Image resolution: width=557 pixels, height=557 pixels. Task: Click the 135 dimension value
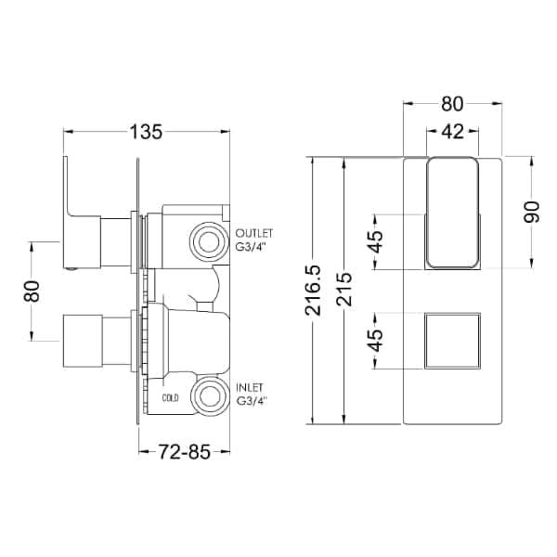(146, 132)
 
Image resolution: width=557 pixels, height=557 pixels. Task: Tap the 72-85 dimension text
(184, 452)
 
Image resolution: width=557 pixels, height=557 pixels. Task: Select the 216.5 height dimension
(313, 291)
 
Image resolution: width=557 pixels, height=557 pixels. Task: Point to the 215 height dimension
(344, 289)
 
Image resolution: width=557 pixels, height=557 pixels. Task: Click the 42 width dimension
(452, 132)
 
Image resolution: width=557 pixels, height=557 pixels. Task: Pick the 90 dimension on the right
(531, 212)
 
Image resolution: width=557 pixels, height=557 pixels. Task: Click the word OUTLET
(254, 233)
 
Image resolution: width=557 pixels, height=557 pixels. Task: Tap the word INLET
(250, 387)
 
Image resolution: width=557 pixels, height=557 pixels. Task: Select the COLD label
(170, 398)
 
